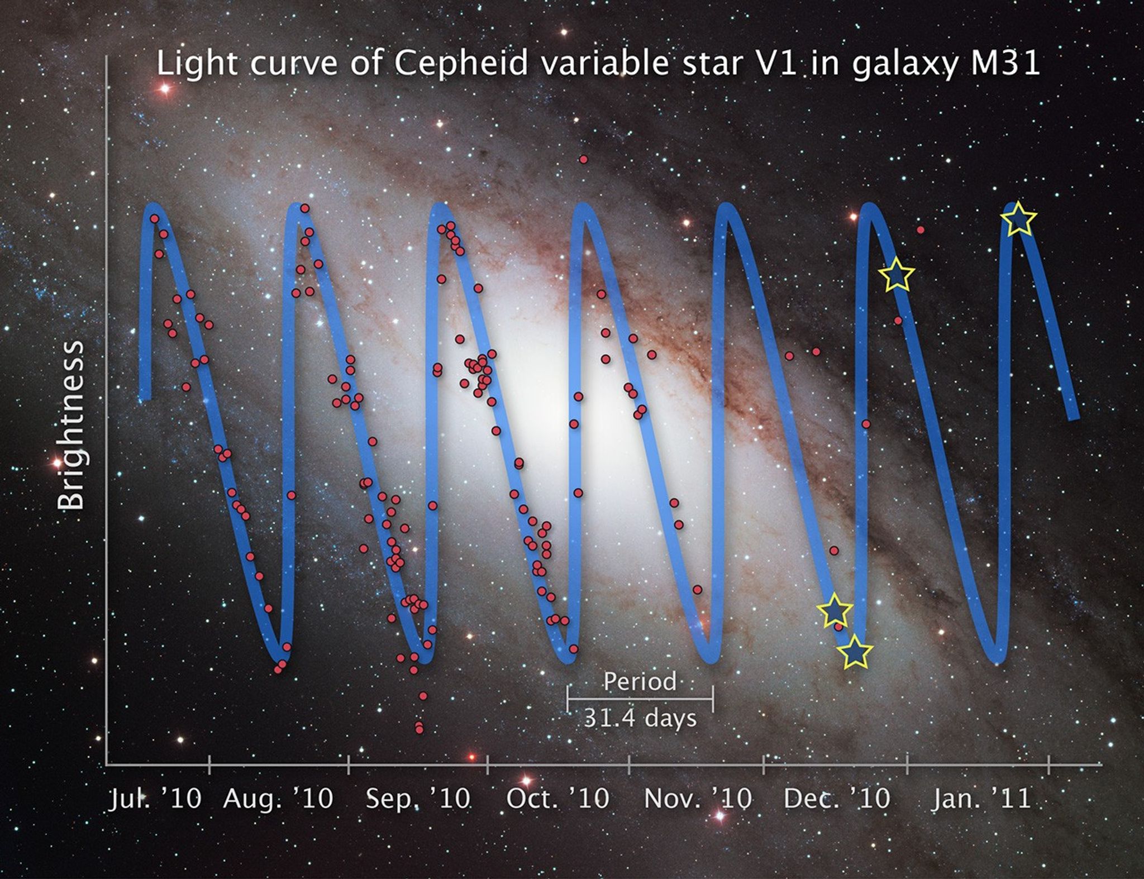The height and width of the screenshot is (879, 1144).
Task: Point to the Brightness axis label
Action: click(x=71, y=426)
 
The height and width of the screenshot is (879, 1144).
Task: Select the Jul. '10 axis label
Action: click(x=155, y=799)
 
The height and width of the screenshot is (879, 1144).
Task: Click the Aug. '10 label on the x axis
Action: click(x=278, y=799)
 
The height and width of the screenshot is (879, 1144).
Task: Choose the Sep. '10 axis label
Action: click(x=418, y=799)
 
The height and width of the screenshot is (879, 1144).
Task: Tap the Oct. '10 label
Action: click(x=557, y=799)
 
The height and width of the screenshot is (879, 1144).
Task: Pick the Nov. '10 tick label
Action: click(x=698, y=799)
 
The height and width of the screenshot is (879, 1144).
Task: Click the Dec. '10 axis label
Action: click(x=836, y=799)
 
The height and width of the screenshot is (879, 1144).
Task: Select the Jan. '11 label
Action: click(x=981, y=799)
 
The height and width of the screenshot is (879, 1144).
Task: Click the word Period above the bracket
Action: click(x=640, y=682)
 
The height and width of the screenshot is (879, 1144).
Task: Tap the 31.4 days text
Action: click(x=640, y=718)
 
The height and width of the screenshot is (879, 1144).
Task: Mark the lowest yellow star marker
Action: click(x=855, y=652)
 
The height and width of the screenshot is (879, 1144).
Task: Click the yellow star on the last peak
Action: click(x=1018, y=219)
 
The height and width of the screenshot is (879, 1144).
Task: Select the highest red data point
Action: click(x=584, y=160)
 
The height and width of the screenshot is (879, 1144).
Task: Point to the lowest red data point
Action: click(x=420, y=729)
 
